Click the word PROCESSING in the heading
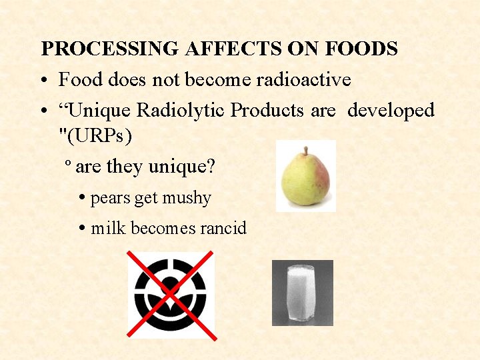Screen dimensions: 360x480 coord(111,49)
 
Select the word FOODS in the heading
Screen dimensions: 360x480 coord(360,49)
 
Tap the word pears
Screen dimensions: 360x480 coord(111,199)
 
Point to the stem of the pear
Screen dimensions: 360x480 coord(305,151)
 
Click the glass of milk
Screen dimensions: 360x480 coord(302,293)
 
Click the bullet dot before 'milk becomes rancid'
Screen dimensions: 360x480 coord(81,229)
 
